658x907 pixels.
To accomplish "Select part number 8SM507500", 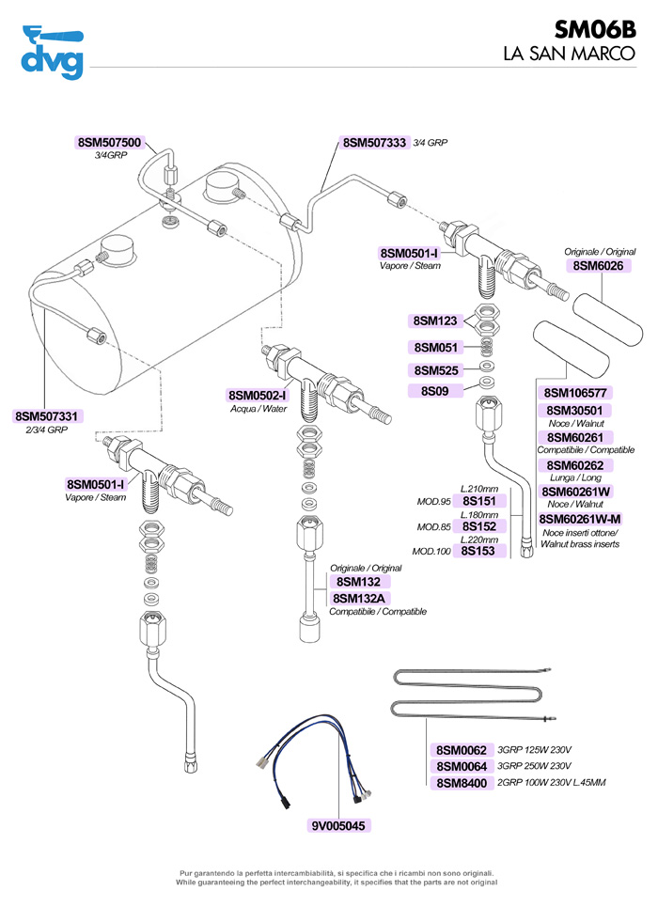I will pos(109,143).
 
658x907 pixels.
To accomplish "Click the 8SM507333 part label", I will pos(374,143).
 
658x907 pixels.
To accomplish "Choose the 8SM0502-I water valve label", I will pos(257,396).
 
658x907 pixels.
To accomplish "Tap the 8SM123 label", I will pos(433,321).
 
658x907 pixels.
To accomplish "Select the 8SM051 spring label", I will pos(433,347).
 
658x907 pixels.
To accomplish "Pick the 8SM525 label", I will pos(433,370).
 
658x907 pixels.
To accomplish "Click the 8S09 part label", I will pos(433,390).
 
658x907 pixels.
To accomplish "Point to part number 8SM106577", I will pos(577,393).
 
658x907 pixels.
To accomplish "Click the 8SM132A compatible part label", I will pos(359,598).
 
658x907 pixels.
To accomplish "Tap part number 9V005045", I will pos(341,826).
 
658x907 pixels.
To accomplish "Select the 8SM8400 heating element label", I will pos(462,783).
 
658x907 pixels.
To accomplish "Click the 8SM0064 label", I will pos(462,767).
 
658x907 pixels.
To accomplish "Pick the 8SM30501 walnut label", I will pos(577,411).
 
